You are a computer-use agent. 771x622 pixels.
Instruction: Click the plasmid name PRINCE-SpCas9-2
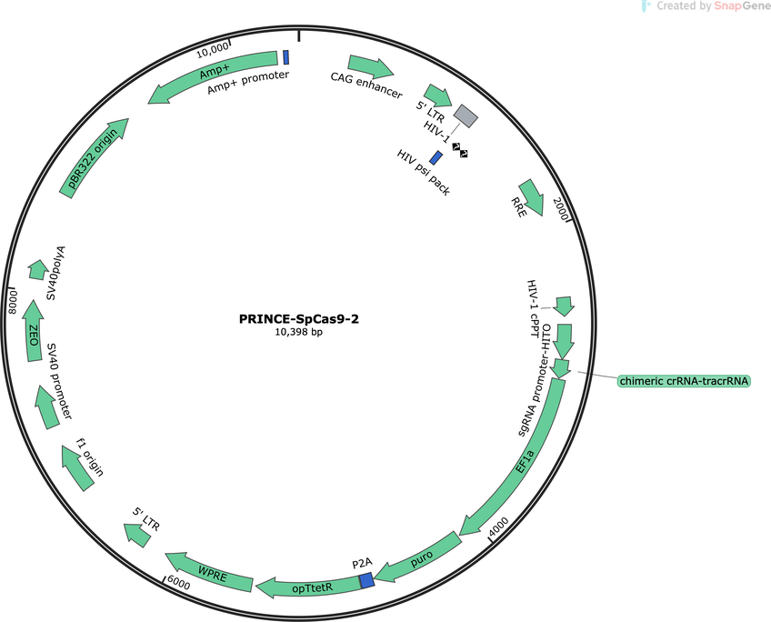pyautogui.click(x=299, y=319)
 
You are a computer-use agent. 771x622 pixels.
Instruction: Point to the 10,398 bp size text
pyautogui.click(x=299, y=333)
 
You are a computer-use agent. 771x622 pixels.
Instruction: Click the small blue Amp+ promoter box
pyautogui.click(x=285, y=57)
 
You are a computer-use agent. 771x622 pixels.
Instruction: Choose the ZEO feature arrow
pyautogui.click(x=34, y=330)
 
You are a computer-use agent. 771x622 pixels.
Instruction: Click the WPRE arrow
pyautogui.click(x=210, y=571)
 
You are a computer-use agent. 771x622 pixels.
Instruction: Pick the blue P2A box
pyautogui.click(x=366, y=580)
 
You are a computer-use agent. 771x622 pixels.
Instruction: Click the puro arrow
pyautogui.click(x=420, y=558)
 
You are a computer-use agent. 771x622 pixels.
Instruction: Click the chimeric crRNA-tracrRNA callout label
pyautogui.click(x=684, y=381)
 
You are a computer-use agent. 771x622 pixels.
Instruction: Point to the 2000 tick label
pyautogui.click(x=561, y=208)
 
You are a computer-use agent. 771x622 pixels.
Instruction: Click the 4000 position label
pyautogui.click(x=499, y=527)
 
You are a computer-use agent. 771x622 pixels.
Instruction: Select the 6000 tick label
pyautogui.click(x=178, y=583)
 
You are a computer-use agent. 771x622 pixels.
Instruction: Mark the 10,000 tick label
pyautogui.click(x=213, y=50)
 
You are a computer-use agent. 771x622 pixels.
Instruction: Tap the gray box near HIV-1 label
pyautogui.click(x=466, y=116)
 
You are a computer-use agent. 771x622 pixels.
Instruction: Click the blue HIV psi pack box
pyautogui.click(x=436, y=158)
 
